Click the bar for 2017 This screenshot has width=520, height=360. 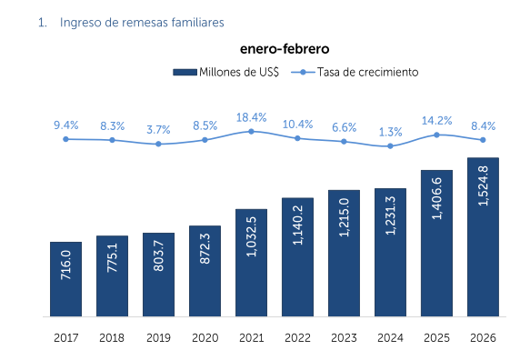pyautogui.click(x=65, y=279)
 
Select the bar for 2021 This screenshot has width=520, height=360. pyautogui.click(x=251, y=263)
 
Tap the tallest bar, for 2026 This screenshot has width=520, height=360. pyautogui.click(x=483, y=237)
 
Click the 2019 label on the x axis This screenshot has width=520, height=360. pyautogui.click(x=158, y=337)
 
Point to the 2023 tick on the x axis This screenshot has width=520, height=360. pyautogui.click(x=344, y=337)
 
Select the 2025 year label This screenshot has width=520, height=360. pyautogui.click(x=436, y=337)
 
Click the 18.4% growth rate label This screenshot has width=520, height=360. pyautogui.click(x=251, y=117)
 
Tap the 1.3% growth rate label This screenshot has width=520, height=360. pyautogui.click(x=390, y=131)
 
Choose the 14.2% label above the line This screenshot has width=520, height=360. pyautogui.click(x=436, y=120)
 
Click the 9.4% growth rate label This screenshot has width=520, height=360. pyautogui.click(x=65, y=125)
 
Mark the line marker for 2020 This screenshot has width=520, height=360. pyautogui.click(x=205, y=140)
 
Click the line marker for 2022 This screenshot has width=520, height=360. pyautogui.click(x=297, y=138)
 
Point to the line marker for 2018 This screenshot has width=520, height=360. pyautogui.click(x=112, y=140)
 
